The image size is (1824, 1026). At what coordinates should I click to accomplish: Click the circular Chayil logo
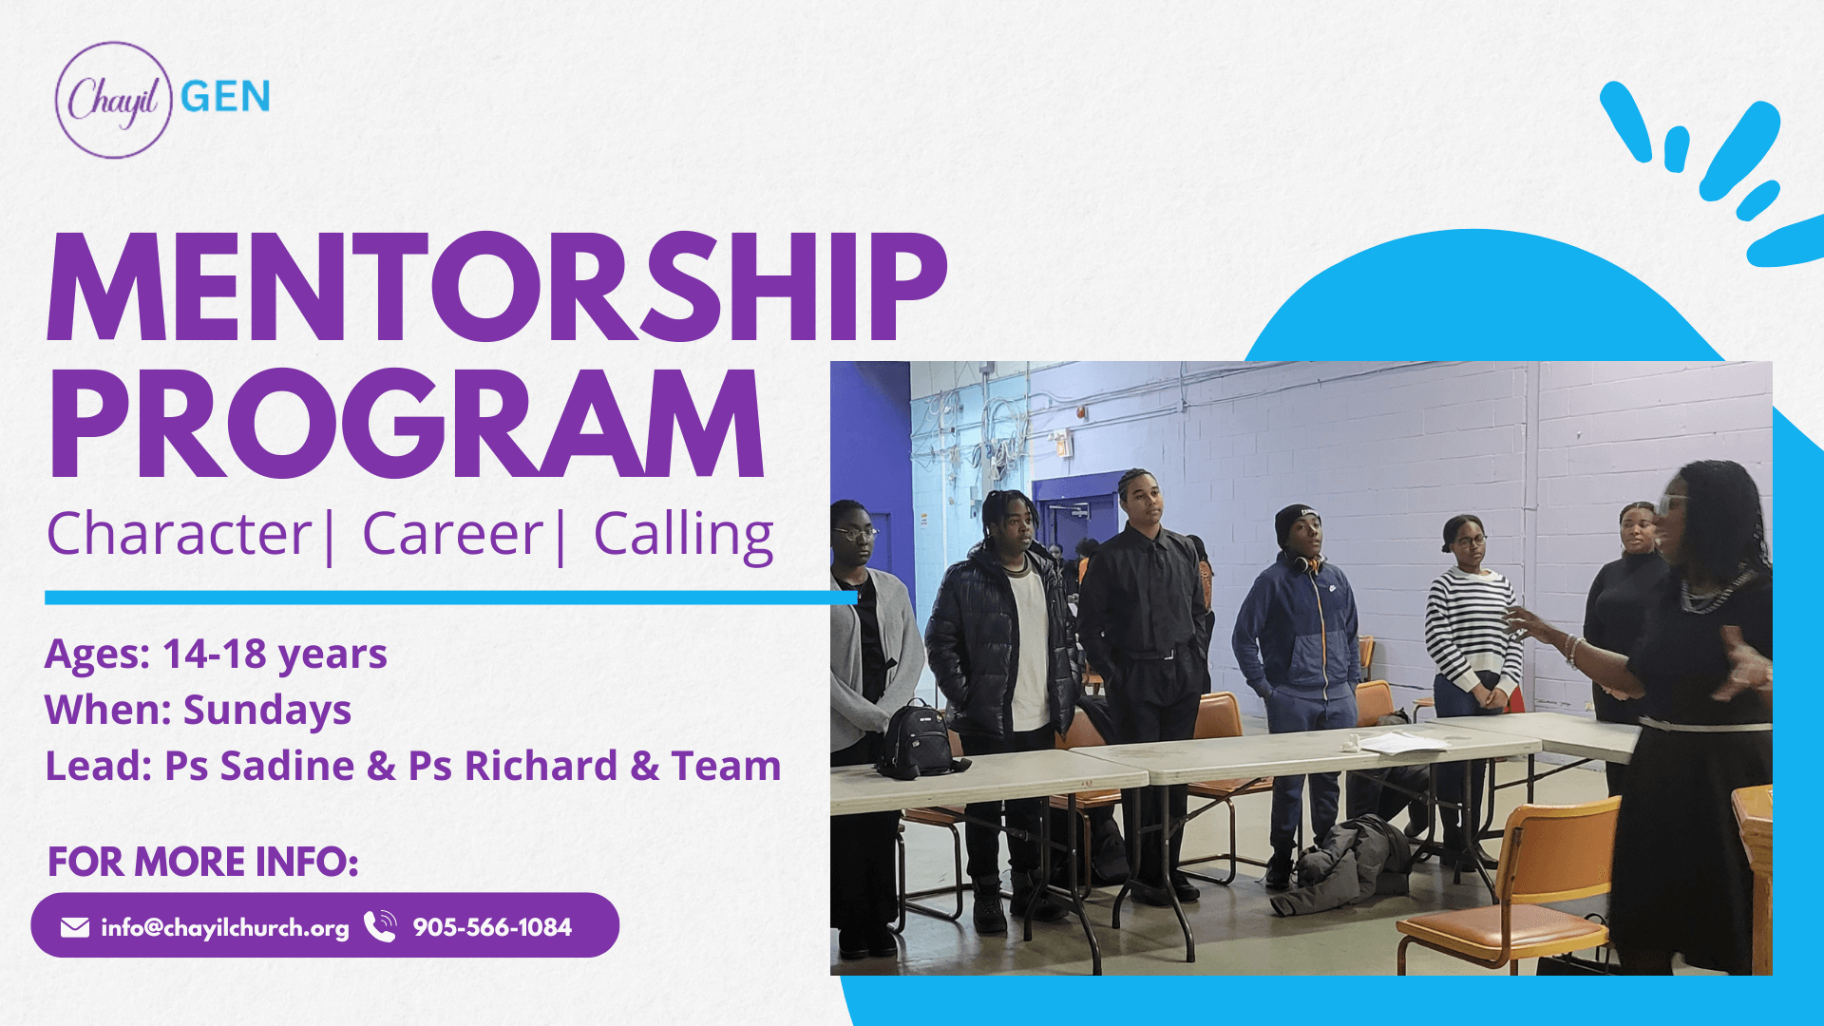pyautogui.click(x=113, y=100)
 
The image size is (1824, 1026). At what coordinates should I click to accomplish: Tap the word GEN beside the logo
pyautogui.click(x=225, y=97)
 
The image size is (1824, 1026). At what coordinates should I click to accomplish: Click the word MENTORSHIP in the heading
pyautogui.click(x=497, y=286)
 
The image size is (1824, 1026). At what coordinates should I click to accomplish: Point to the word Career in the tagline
pyautogui.click(x=452, y=534)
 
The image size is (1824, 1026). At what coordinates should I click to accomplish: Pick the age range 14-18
pyautogui.click(x=215, y=654)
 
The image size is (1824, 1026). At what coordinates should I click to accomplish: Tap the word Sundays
pyautogui.click(x=267, y=710)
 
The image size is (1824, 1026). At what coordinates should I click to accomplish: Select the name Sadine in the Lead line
pyautogui.click(x=287, y=766)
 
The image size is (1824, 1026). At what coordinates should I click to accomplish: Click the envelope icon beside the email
pyautogui.click(x=75, y=927)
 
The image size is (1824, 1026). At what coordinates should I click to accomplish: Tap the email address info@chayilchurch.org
pyautogui.click(x=225, y=928)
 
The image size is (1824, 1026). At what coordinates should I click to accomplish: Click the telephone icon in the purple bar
pyautogui.click(x=380, y=926)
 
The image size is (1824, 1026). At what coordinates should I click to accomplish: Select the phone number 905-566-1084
pyautogui.click(x=492, y=927)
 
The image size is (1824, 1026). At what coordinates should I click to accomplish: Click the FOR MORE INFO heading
pyautogui.click(x=203, y=862)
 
